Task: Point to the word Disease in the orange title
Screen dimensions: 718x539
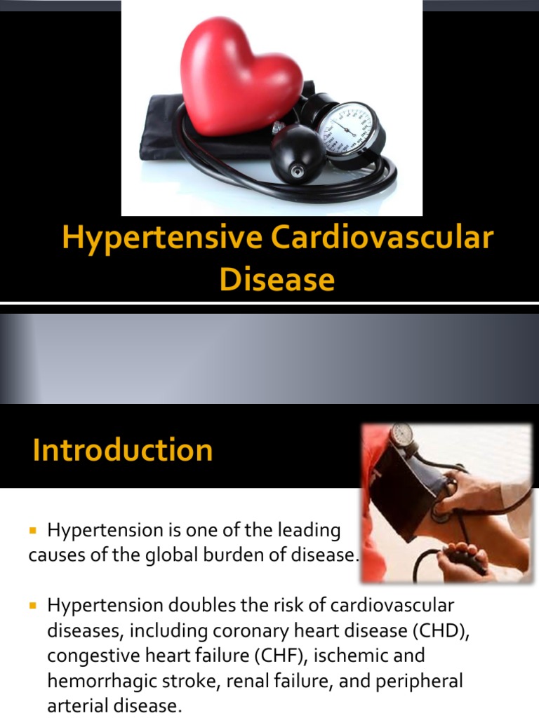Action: tap(277, 279)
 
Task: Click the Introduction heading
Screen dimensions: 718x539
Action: tap(122, 449)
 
